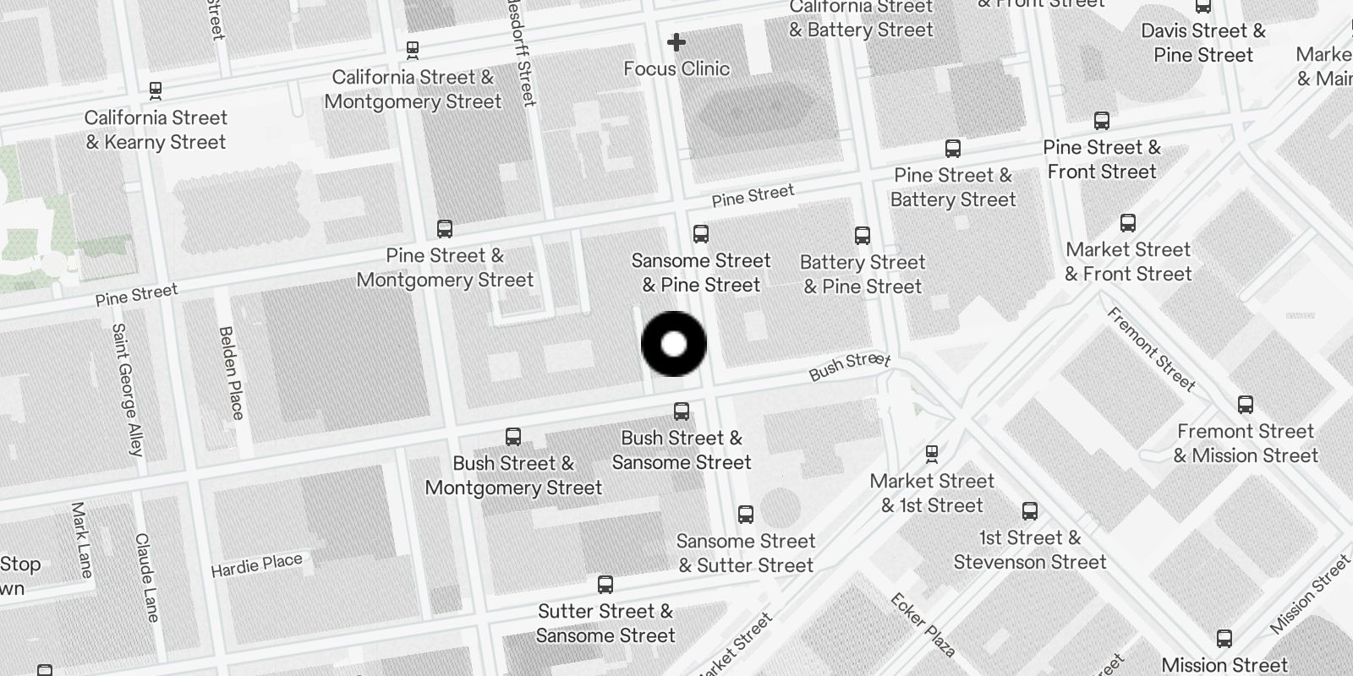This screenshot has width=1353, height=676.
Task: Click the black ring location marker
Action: [674, 344]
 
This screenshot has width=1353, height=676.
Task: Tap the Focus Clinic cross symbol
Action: [676, 41]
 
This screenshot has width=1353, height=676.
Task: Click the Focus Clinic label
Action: [676, 68]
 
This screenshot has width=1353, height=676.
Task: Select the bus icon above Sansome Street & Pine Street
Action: [700, 234]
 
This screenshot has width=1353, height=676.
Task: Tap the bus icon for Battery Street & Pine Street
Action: [863, 236]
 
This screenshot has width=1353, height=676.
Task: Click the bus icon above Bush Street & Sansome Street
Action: [682, 412]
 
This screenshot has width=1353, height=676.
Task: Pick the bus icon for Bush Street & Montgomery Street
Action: [513, 437]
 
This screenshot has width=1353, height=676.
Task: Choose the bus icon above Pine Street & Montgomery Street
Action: [445, 229]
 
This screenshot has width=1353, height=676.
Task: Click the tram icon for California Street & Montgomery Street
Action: [413, 51]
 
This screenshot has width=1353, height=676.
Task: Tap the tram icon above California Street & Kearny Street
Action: [156, 90]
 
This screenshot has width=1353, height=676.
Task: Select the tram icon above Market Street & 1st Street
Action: [932, 455]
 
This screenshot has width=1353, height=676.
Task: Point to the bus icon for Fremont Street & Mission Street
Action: [1246, 405]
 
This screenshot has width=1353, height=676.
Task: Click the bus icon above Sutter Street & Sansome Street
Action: [605, 585]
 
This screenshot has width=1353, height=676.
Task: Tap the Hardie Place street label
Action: [256, 565]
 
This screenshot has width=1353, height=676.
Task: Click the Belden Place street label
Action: [231, 373]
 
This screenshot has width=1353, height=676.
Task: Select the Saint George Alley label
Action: [127, 390]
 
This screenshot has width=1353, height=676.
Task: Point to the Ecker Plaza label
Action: [923, 625]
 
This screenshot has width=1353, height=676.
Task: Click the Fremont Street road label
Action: [1151, 349]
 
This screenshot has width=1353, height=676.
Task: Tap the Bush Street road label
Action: [849, 365]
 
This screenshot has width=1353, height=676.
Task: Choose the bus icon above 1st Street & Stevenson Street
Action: [1030, 511]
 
